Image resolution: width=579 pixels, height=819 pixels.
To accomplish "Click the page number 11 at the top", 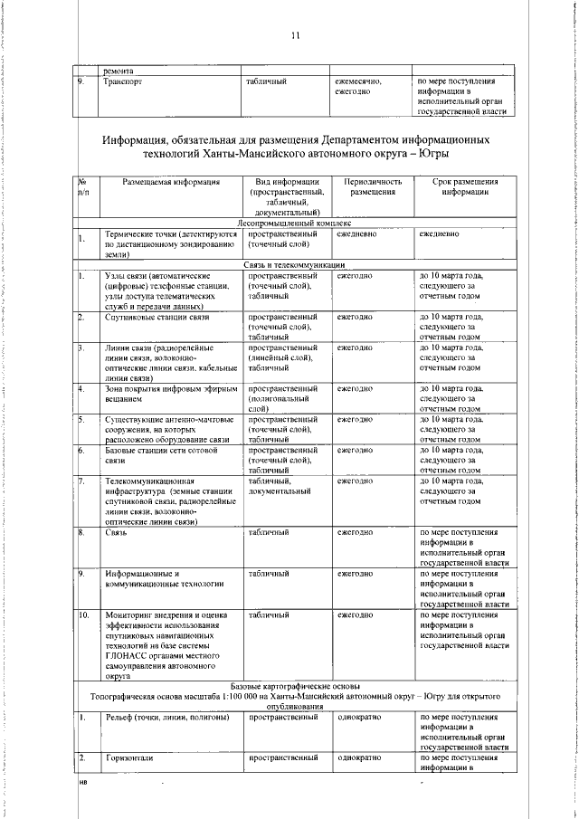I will click(x=295, y=35).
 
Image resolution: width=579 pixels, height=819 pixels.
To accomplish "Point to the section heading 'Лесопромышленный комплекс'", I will click(x=295, y=223).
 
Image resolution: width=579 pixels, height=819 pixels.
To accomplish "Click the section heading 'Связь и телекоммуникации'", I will click(x=295, y=264).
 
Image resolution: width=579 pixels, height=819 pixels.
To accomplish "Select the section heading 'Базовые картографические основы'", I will click(x=295, y=687).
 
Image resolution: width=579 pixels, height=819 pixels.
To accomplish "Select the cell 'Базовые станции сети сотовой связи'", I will click(x=157, y=455).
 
